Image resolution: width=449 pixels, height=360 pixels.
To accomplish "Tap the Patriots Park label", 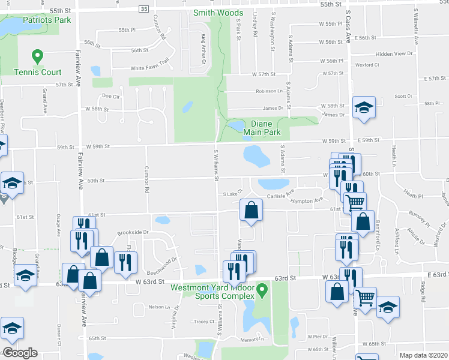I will pyautogui.click(x=47, y=20).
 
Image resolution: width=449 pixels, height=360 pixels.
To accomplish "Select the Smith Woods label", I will pyautogui.click(x=218, y=13).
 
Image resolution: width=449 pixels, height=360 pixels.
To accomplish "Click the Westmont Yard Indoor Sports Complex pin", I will pyautogui.click(x=261, y=291).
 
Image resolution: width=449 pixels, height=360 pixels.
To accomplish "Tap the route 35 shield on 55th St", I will pyautogui.click(x=143, y=9).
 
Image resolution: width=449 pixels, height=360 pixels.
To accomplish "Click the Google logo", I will pyautogui.click(x=20, y=353).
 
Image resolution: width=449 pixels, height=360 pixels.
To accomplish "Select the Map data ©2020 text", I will pyautogui.click(x=423, y=355).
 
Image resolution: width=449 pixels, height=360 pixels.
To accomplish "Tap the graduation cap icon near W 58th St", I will pyautogui.click(x=363, y=108).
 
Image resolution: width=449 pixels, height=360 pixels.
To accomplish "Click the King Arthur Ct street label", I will pyautogui.click(x=203, y=50).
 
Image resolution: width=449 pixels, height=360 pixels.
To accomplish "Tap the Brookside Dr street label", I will pyautogui.click(x=133, y=232).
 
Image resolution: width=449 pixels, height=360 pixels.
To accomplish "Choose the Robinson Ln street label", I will pyautogui.click(x=269, y=91).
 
